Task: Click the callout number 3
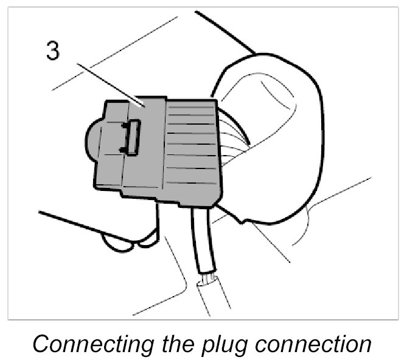(x=54, y=51)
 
